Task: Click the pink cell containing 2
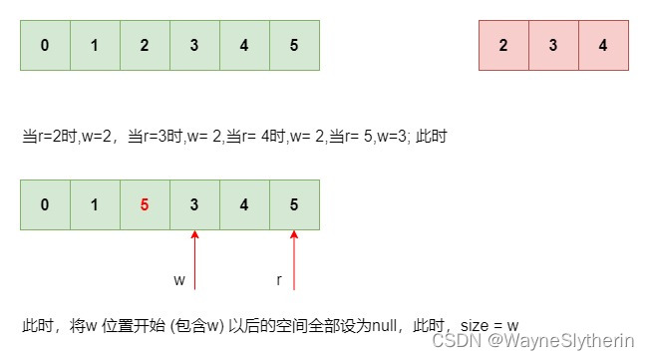point(503,45)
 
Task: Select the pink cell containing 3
point(553,45)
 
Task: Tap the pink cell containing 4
point(603,45)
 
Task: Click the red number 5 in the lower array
point(145,205)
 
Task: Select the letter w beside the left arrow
point(179,280)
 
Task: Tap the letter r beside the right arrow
point(279,280)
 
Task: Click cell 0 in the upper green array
point(45,45)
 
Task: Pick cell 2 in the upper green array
point(145,45)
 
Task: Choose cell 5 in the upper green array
point(294,45)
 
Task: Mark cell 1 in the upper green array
point(95,45)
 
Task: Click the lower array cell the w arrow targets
point(194,205)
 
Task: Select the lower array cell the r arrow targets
point(294,205)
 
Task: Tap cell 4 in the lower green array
point(244,205)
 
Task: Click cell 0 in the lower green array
point(45,205)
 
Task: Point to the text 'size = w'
point(491,325)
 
